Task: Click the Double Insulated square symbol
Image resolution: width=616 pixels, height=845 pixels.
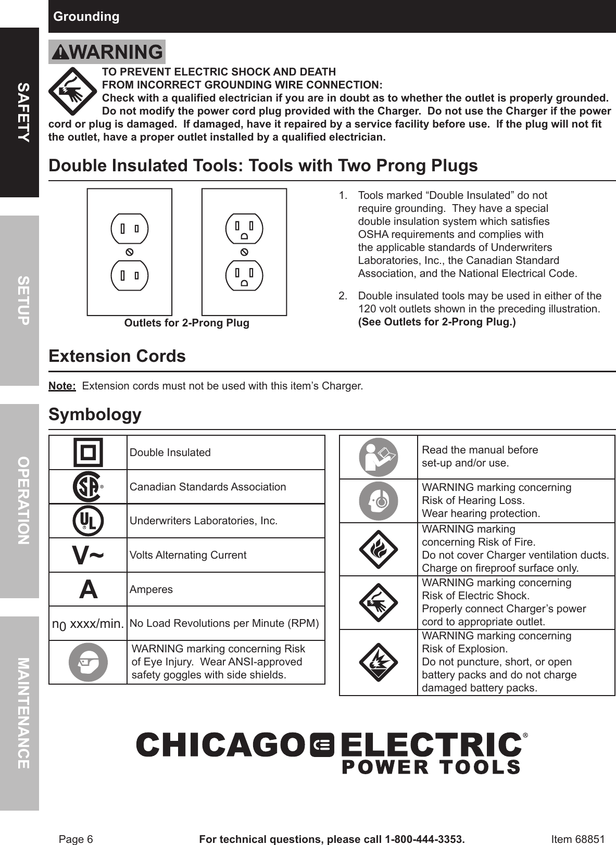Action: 89,452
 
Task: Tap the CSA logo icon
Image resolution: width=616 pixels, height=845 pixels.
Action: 87,487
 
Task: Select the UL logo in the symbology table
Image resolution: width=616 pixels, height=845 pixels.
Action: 88,521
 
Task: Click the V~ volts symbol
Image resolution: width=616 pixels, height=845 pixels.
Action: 88,556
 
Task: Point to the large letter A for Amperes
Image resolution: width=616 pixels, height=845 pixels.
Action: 88,589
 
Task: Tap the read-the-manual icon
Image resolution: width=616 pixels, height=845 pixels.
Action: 379,457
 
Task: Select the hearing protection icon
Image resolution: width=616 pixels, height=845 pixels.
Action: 379,501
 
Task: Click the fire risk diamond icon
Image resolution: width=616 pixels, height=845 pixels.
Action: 379,549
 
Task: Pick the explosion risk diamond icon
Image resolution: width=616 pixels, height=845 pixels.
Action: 379,662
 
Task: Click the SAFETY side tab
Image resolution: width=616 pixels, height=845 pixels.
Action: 19,112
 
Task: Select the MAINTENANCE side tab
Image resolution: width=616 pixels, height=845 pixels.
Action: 19,713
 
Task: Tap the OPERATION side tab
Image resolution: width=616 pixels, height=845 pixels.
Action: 19,501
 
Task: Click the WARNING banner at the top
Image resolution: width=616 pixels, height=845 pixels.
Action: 107,52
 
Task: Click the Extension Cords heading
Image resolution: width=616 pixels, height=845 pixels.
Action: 117,356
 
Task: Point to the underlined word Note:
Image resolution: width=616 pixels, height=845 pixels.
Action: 62,386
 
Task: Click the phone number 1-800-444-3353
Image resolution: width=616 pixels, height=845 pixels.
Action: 423,839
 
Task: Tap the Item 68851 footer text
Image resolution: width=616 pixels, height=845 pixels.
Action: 577,839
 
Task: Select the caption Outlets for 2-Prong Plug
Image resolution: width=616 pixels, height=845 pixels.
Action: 186,323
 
